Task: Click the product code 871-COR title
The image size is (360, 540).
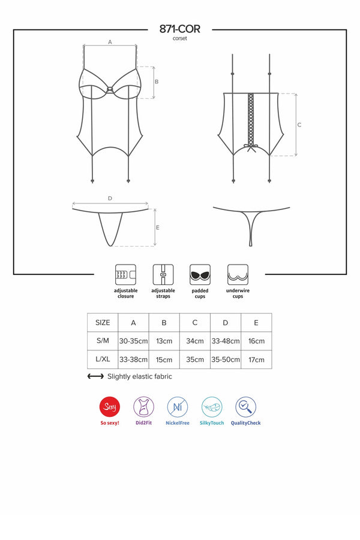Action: [180, 29]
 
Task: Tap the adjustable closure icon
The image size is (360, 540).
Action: [125, 274]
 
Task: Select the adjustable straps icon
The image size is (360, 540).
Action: [163, 274]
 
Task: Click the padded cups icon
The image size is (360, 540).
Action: [200, 274]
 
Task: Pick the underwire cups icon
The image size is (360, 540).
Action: [238, 274]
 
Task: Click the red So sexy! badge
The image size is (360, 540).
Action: [110, 407]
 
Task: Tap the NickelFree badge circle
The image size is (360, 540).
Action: [178, 407]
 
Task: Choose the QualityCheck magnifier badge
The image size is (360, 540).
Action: [245, 407]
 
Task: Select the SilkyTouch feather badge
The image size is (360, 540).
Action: [212, 407]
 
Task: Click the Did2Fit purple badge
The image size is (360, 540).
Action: [143, 407]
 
